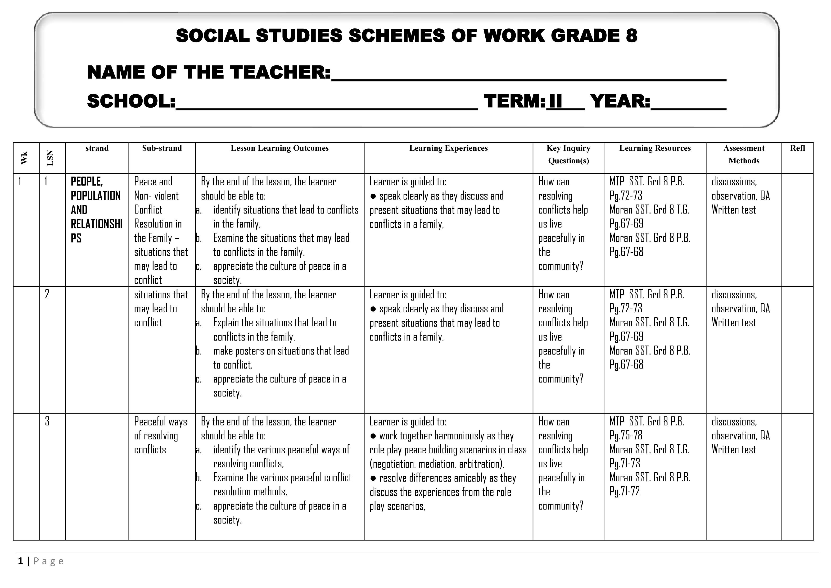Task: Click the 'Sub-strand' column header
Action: (x=162, y=148)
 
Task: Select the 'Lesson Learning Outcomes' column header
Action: (x=280, y=148)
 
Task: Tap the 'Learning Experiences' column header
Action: (x=448, y=148)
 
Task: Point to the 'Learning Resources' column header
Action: (x=655, y=148)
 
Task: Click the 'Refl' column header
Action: (x=797, y=148)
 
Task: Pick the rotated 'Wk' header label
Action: (x=24, y=158)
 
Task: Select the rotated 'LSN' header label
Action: (x=50, y=158)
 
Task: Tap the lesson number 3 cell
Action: (x=47, y=421)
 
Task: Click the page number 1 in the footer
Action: (x=21, y=561)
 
